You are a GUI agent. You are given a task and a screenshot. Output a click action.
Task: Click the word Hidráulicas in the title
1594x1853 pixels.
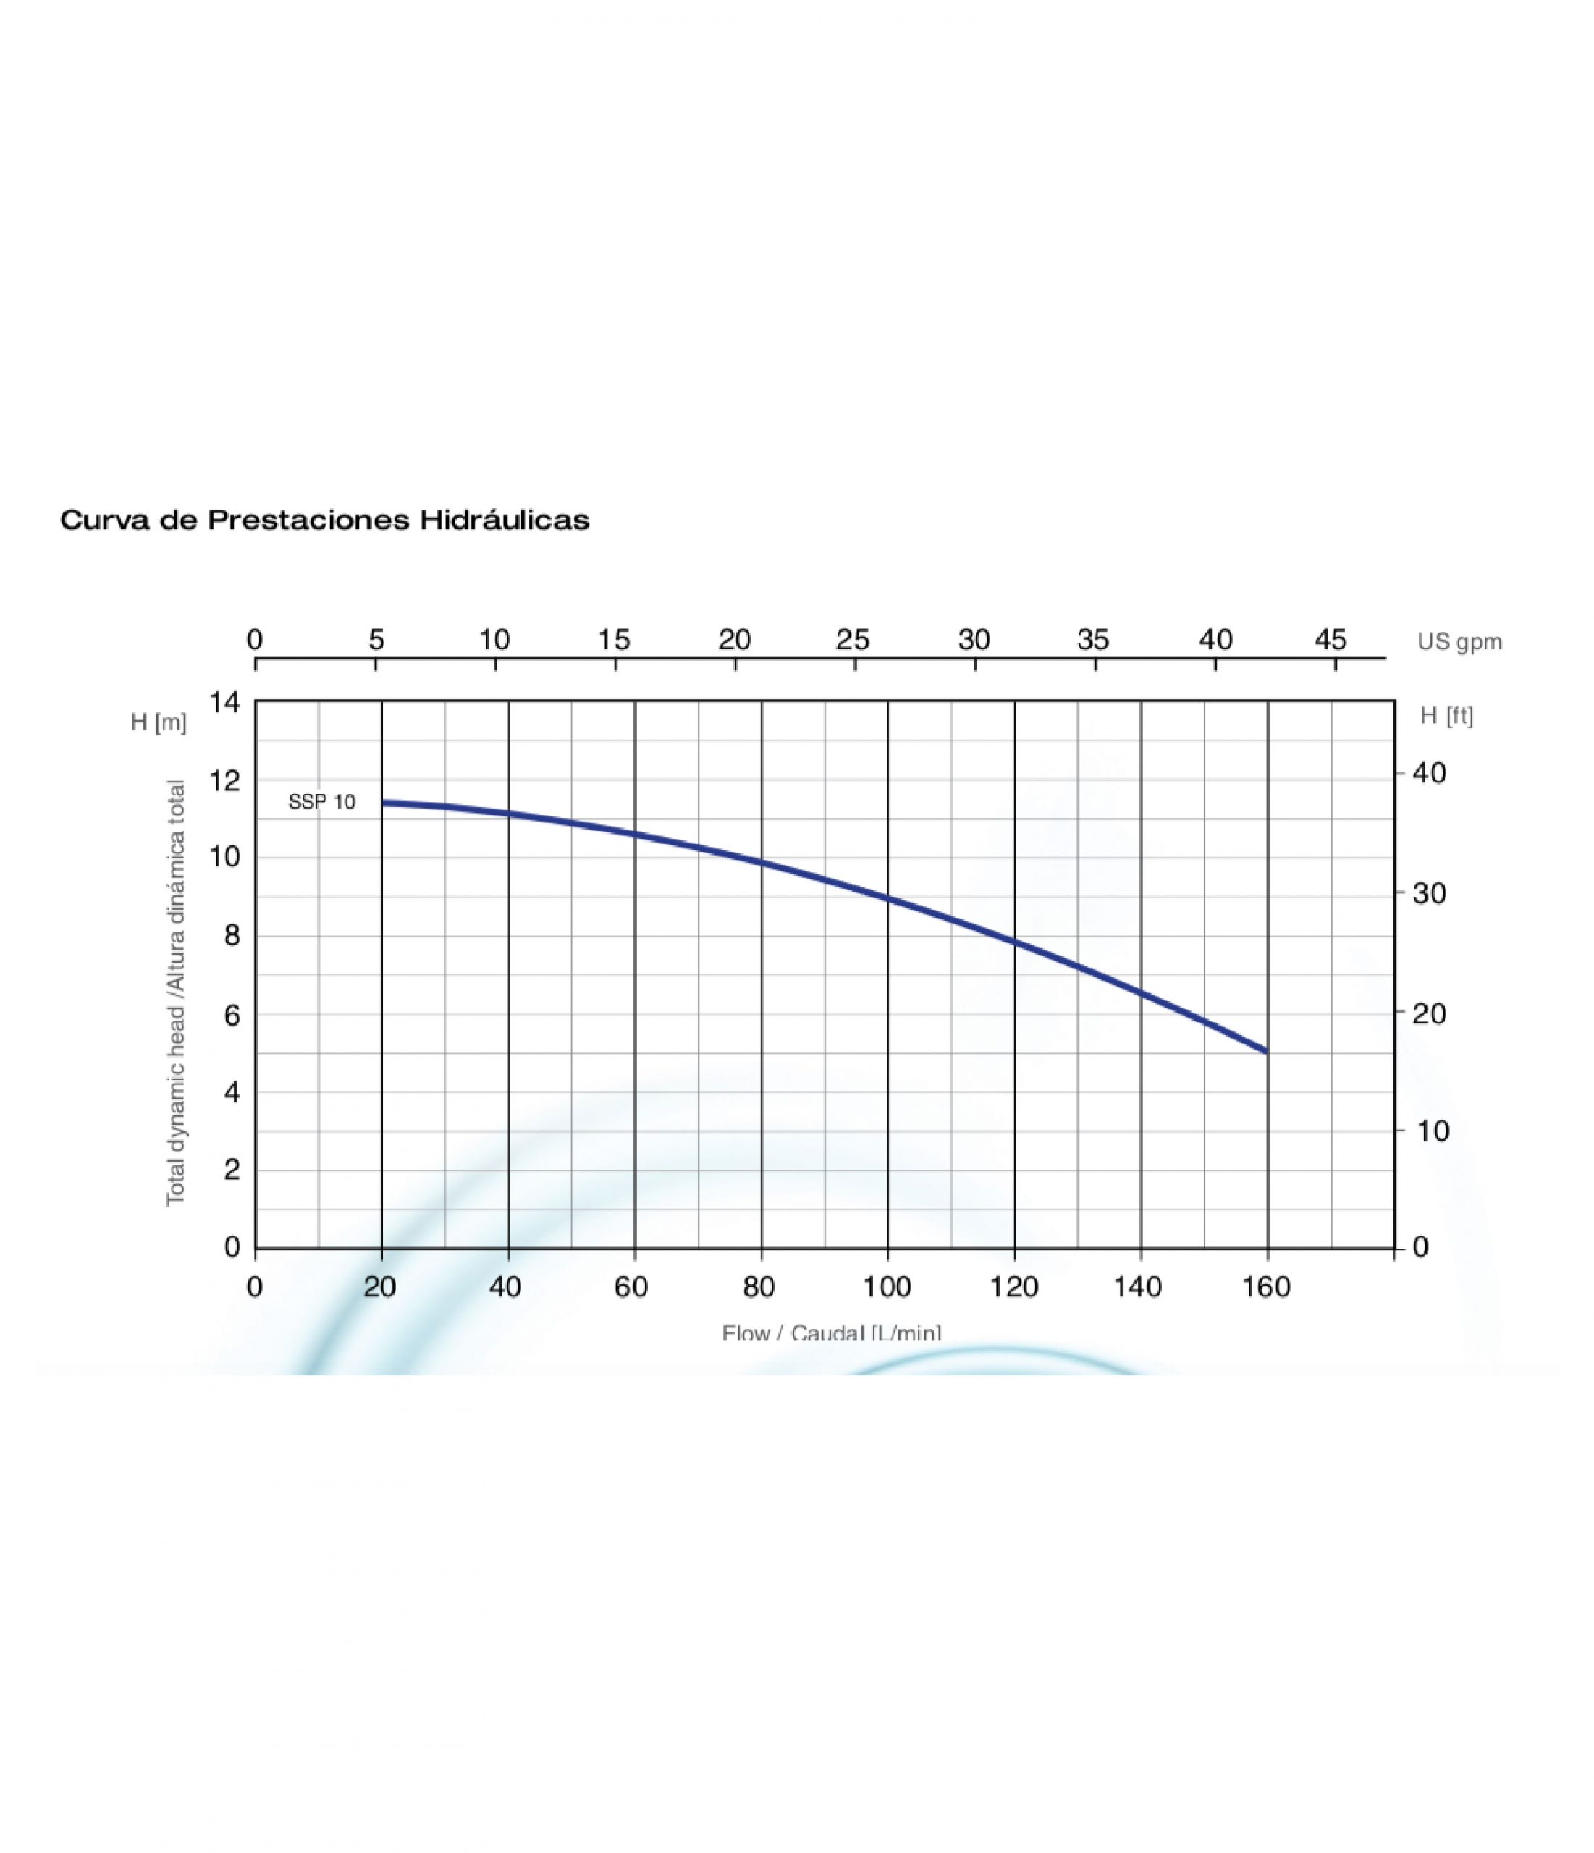505,520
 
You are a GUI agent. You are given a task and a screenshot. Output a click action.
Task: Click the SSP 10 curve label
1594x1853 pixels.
321,802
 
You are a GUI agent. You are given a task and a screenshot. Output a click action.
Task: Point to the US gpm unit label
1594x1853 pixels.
1459,642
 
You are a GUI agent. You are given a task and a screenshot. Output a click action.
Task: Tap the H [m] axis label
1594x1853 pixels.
159,722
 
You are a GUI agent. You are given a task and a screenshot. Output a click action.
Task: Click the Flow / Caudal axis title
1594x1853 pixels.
831,1333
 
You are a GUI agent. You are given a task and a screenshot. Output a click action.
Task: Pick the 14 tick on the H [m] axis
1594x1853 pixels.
225,703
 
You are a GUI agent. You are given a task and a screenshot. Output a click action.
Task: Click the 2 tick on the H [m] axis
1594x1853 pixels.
232,1170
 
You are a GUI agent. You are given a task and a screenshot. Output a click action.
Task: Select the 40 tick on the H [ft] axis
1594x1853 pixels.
1428,774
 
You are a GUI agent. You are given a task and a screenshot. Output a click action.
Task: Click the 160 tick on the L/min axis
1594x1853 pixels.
1267,1288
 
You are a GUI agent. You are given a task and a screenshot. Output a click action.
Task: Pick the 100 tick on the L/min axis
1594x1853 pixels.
887,1288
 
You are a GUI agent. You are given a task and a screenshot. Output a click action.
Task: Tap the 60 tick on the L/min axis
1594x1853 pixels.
631,1288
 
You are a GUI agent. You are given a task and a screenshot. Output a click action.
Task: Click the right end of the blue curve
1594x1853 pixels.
1265,1051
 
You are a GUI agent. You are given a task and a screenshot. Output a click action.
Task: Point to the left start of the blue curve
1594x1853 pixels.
384,802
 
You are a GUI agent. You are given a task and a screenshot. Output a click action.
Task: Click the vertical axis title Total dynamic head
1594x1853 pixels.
175,992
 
